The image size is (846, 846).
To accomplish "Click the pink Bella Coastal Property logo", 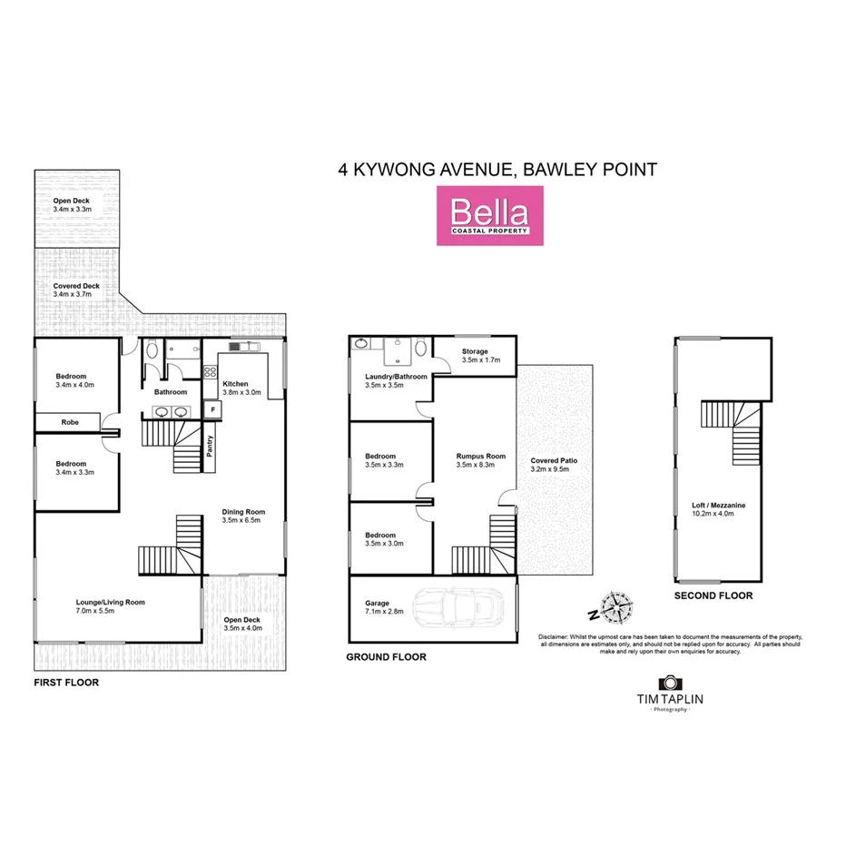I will (x=490, y=215).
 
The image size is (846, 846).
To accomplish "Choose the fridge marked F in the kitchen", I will (x=213, y=410).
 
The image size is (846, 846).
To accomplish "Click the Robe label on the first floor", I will (x=70, y=422).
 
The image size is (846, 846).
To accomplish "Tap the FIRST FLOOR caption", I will (x=66, y=682).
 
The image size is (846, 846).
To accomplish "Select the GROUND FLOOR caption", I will (x=386, y=656).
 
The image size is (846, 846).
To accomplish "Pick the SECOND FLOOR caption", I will (x=713, y=596).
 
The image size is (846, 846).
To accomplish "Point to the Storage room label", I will (x=475, y=351).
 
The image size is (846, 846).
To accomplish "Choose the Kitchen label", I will (x=235, y=384).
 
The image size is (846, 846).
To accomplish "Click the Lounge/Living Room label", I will (x=110, y=602).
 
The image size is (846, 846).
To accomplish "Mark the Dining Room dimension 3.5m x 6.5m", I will (x=242, y=521).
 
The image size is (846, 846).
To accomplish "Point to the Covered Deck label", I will (x=77, y=286).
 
